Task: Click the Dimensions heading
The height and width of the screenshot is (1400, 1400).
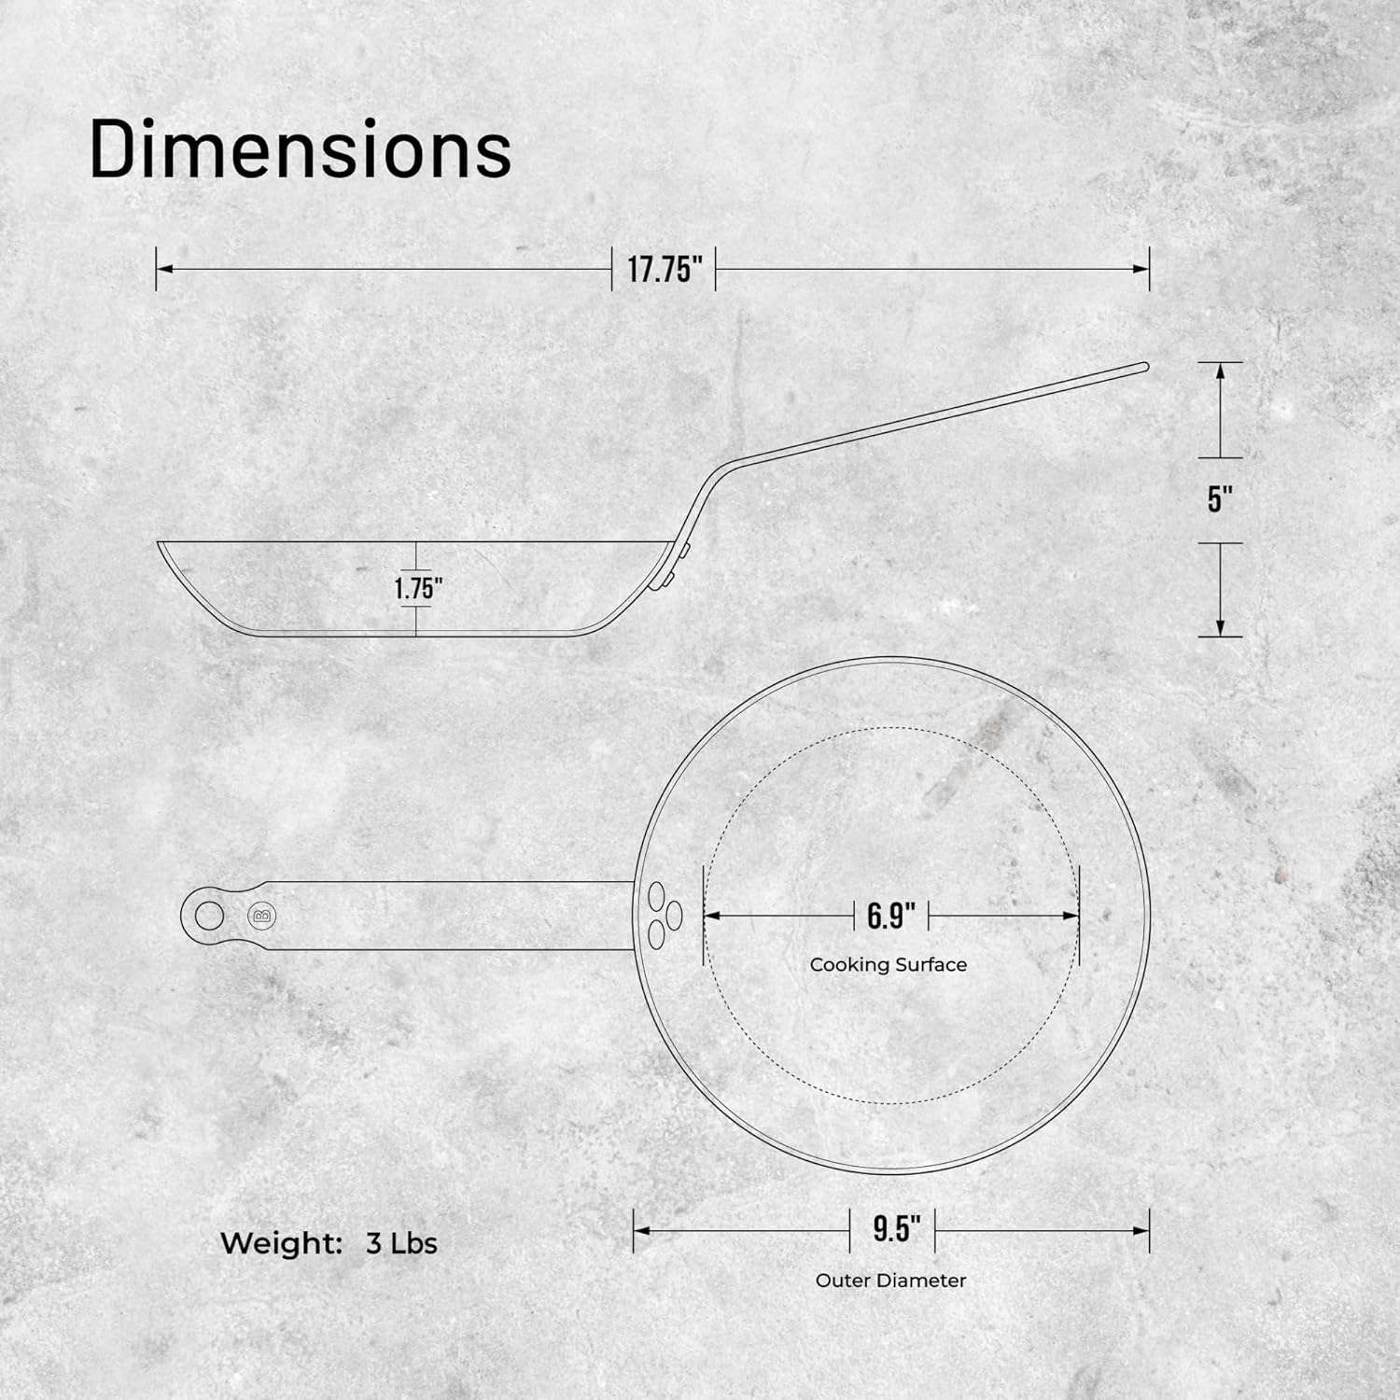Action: (301, 149)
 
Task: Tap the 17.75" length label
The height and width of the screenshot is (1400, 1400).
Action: (664, 270)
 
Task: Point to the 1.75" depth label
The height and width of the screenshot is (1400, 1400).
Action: (417, 589)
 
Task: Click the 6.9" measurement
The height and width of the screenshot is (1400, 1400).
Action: (891, 916)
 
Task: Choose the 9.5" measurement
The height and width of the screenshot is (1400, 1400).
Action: (891, 1229)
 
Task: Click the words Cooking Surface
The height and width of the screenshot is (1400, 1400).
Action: (888, 965)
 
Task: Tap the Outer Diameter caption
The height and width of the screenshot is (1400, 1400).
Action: (890, 1281)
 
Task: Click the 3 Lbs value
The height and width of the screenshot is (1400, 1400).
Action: (401, 1243)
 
